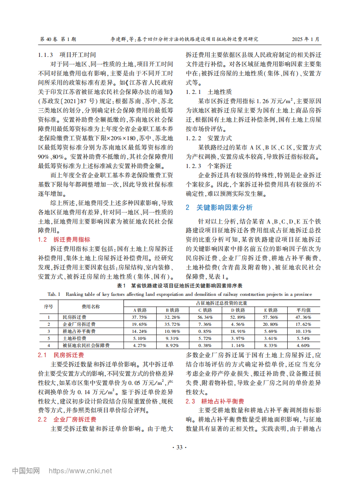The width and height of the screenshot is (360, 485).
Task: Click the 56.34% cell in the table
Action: (206, 317)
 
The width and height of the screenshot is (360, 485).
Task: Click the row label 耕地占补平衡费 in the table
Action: (79, 331)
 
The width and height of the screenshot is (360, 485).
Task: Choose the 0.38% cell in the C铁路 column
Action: (206, 345)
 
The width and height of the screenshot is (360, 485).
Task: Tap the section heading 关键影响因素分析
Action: (218, 207)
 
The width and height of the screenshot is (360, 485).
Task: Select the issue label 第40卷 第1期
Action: (58, 39)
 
